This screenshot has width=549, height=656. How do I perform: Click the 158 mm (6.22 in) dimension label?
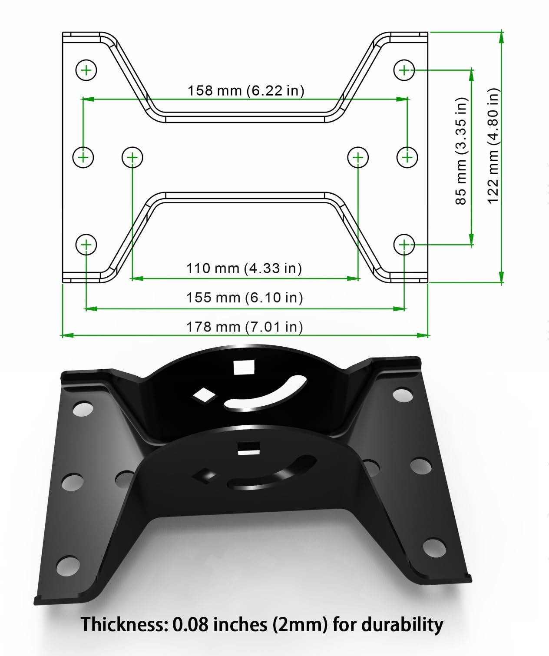(246, 90)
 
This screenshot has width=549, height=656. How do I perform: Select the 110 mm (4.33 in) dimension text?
(244, 268)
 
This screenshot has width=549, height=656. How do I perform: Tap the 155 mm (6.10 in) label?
(245, 298)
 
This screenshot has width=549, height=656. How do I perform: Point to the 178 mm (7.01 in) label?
(245, 327)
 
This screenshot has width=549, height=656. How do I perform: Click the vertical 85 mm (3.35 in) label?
(461, 151)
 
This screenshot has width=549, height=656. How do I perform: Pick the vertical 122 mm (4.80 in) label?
(493, 146)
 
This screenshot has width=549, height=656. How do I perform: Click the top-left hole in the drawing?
(86, 70)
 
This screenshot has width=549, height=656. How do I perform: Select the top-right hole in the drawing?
(404, 70)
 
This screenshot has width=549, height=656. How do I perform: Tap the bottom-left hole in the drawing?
(86, 245)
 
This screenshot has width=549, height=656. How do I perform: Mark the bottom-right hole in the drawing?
(404, 245)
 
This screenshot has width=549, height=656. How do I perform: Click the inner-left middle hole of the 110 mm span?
(132, 157)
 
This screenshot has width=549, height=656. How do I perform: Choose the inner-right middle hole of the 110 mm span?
(358, 157)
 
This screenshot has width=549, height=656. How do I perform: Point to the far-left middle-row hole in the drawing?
(83, 157)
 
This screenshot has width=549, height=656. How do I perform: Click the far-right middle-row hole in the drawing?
(407, 157)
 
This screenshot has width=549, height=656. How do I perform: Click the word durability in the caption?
(402, 625)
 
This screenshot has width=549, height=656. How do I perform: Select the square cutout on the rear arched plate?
(244, 367)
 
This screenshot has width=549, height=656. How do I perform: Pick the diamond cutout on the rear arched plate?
(204, 395)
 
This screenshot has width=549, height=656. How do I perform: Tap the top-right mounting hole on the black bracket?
(403, 394)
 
